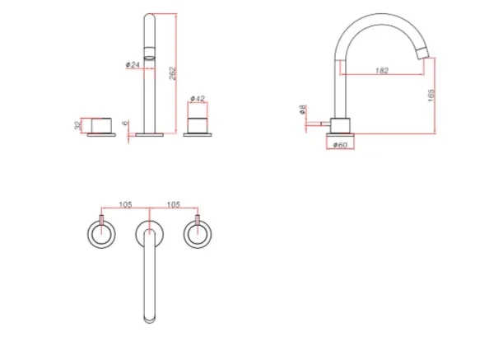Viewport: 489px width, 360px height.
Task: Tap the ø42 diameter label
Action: click(198, 98)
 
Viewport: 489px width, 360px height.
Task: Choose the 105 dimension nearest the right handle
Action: click(174, 203)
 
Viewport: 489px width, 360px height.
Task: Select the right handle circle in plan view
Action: click(198, 236)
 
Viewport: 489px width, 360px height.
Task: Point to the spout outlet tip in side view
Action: click(424, 54)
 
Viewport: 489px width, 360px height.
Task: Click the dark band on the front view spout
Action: click(150, 54)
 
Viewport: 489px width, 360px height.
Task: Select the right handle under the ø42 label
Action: click(198, 126)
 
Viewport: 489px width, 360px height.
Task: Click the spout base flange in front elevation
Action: click(150, 133)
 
